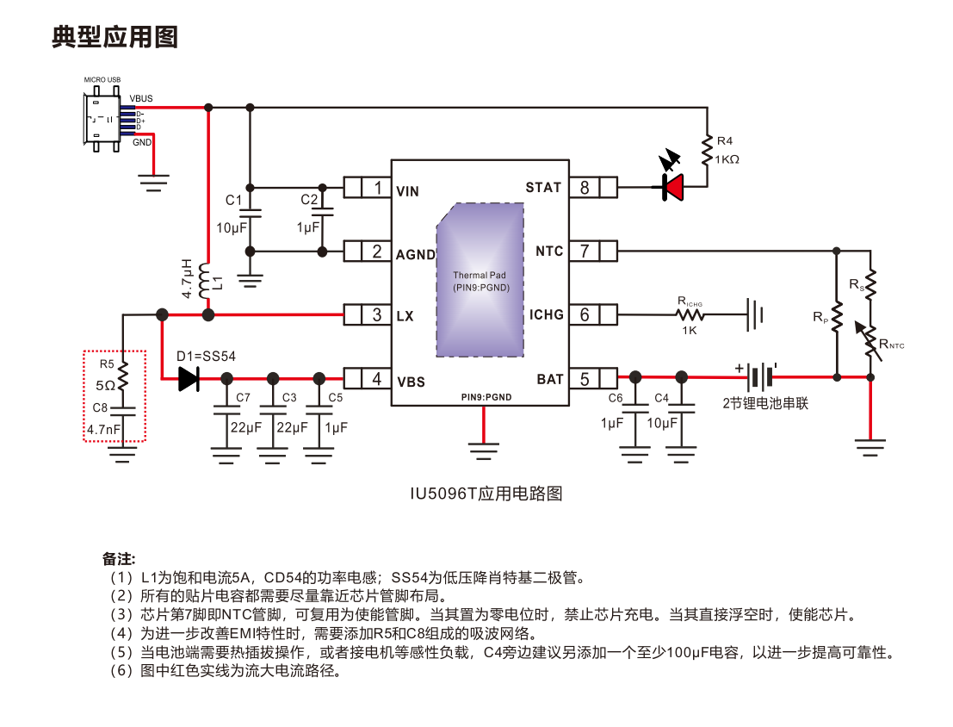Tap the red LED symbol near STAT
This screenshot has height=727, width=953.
pos(672,186)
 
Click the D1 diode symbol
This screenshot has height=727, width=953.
pos(189,378)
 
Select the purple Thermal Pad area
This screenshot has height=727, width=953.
pos(480,281)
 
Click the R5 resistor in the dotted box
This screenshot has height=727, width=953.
pos(123,376)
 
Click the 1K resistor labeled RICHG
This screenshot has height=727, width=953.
pos(690,315)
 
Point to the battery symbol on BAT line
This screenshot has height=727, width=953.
pos(757,376)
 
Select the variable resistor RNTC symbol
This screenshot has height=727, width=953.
pos(870,339)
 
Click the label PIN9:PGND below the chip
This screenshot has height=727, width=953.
pos(486,397)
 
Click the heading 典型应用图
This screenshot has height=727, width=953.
pos(114,37)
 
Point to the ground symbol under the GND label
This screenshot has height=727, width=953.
pos(154,178)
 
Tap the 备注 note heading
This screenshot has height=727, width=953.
pos(119,558)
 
